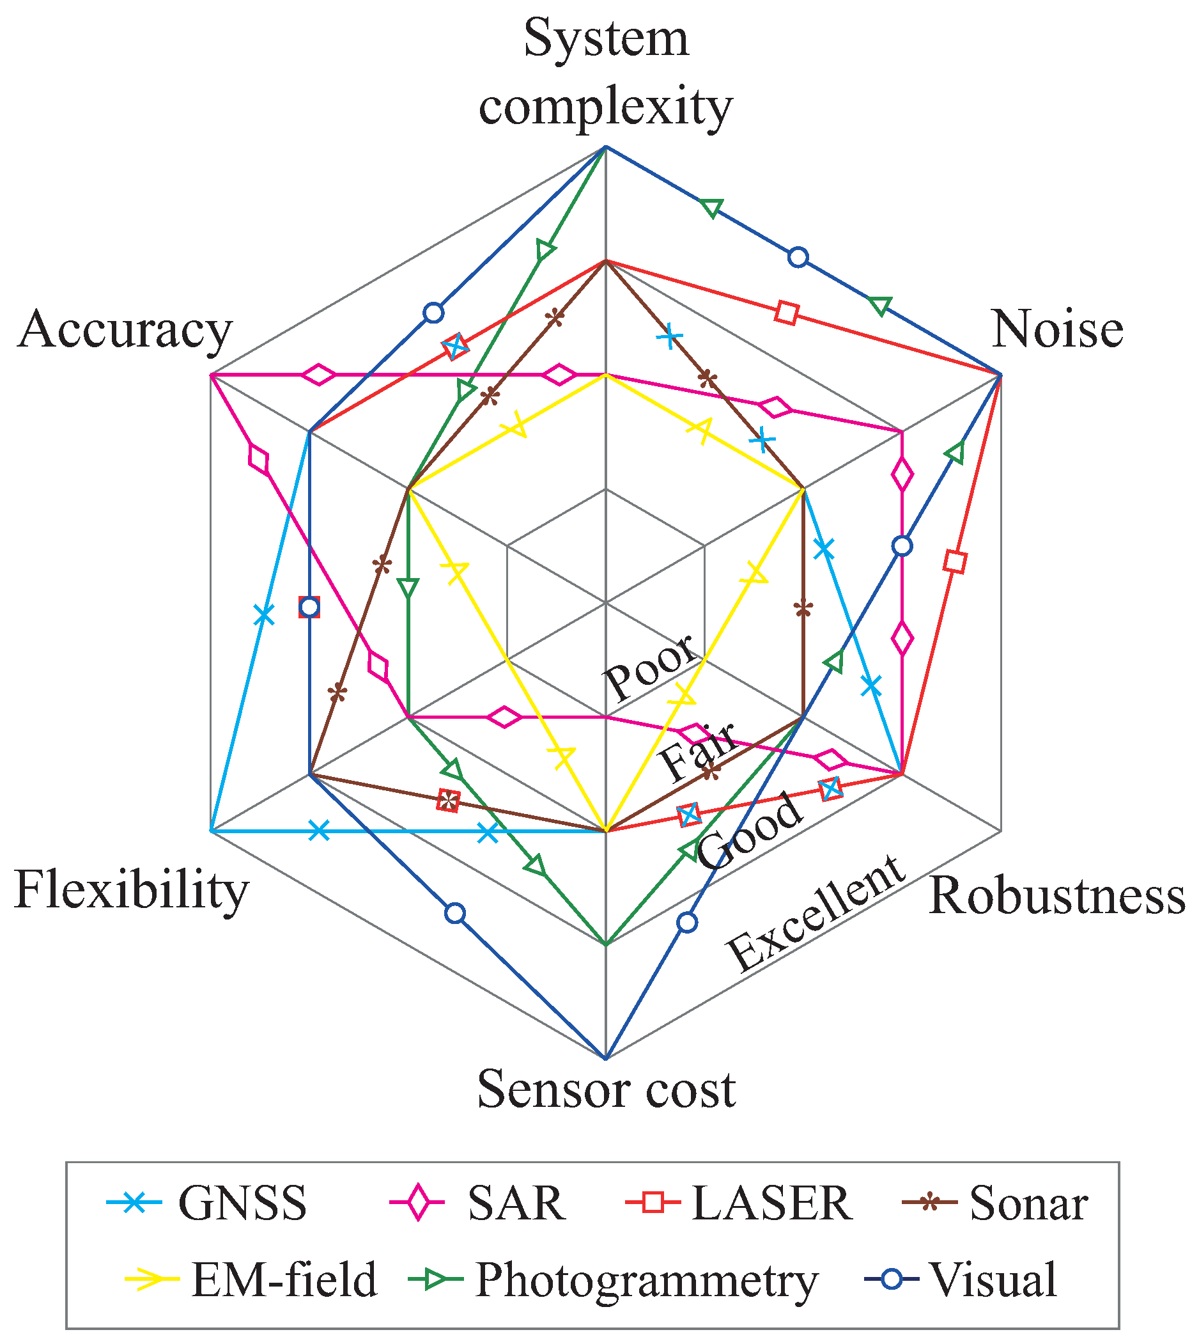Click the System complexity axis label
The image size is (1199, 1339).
605,72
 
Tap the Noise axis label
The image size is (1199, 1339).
1057,329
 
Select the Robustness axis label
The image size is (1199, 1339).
1056,896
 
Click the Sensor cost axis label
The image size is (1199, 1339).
606,1089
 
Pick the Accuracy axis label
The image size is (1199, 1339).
125,329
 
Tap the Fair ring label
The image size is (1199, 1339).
699,751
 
